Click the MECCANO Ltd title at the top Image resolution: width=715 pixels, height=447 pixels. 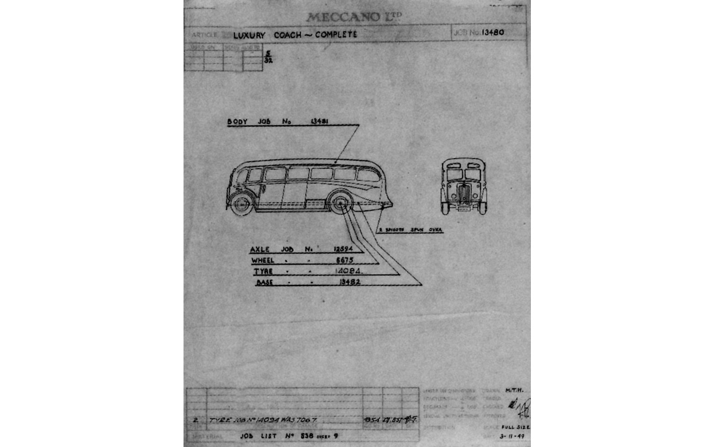(353, 17)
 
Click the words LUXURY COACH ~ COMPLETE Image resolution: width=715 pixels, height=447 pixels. (295, 35)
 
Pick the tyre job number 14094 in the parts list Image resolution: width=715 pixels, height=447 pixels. (343, 271)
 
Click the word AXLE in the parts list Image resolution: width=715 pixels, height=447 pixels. (260, 249)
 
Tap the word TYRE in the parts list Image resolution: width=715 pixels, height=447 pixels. (263, 271)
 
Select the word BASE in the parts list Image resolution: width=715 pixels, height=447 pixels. (264, 283)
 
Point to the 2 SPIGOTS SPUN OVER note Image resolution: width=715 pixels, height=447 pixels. (412, 229)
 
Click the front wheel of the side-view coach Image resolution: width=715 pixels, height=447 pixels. (242, 204)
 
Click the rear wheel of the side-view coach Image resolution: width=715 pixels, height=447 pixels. (340, 203)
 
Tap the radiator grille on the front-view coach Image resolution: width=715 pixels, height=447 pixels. (464, 194)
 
